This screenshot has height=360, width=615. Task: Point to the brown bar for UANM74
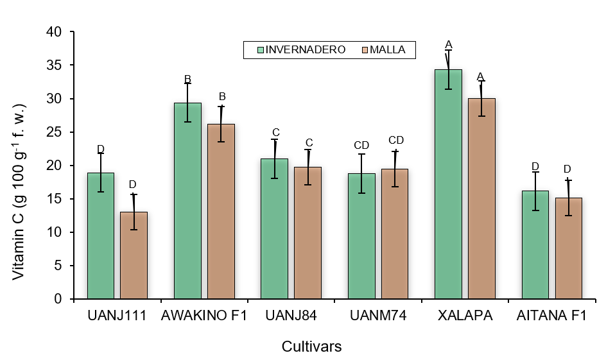394,234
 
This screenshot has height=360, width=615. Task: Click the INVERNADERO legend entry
301,49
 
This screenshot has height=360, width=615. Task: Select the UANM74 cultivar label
378,316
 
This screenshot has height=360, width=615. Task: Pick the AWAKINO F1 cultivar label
204,316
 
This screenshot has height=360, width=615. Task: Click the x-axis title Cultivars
311,347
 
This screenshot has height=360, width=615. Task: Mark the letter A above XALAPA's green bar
449,44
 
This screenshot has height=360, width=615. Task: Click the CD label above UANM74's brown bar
396,140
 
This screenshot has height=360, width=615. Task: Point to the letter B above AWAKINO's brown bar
221,96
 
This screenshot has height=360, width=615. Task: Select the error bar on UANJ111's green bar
100,172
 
